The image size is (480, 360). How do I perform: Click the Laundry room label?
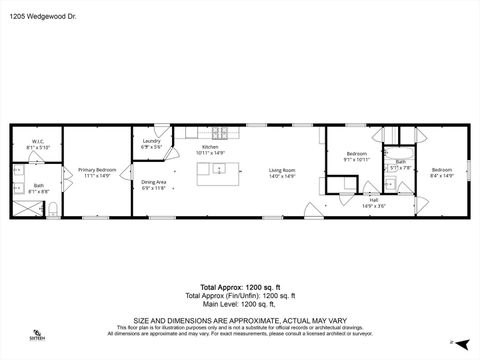[151, 141]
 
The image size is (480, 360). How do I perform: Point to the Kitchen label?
[211, 147]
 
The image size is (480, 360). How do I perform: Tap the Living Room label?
[282, 170]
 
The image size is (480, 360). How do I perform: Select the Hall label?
[373, 201]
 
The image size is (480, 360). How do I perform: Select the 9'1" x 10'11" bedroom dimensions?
[357, 159]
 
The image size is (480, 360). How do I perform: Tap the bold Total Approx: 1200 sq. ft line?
[239, 287]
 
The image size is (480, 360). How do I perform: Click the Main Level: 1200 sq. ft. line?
[239, 303]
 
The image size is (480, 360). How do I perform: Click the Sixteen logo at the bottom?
[37, 335]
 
